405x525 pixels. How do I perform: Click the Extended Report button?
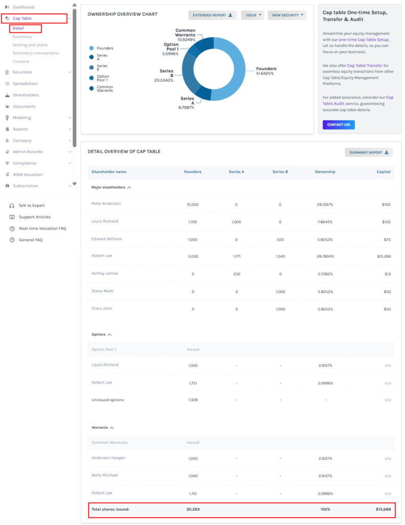coord(212,15)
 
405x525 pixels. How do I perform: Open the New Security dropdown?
coord(287,15)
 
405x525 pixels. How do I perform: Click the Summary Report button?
coord(369,152)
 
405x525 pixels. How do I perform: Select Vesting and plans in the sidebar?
coord(30,45)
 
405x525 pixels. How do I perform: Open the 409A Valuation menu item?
coord(28,174)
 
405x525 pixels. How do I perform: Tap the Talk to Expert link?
coord(31,206)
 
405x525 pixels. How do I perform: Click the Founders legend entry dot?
coord(91,48)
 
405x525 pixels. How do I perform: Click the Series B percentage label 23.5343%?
coord(163,80)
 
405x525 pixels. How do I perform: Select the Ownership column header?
coord(325,172)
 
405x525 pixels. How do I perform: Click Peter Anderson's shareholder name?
coord(106,204)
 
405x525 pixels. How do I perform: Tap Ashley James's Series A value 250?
coord(237,274)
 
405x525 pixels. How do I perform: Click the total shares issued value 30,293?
coord(193,509)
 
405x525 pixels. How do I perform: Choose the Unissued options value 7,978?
coord(193,400)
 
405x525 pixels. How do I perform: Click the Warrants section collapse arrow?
coord(112,428)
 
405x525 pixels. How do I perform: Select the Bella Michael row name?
coord(104,475)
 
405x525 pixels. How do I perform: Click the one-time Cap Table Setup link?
coord(364,39)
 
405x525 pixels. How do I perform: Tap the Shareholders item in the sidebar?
coord(26,95)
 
